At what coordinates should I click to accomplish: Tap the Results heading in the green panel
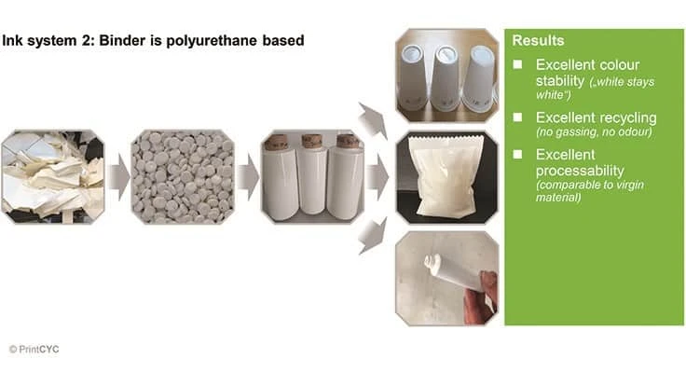(540, 41)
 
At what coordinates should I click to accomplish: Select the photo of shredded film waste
(52, 176)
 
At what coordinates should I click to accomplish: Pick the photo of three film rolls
(311, 176)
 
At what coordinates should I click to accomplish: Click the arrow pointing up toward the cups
(373, 120)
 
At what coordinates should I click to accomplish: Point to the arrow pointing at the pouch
(376, 176)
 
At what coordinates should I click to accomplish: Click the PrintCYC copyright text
(34, 349)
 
